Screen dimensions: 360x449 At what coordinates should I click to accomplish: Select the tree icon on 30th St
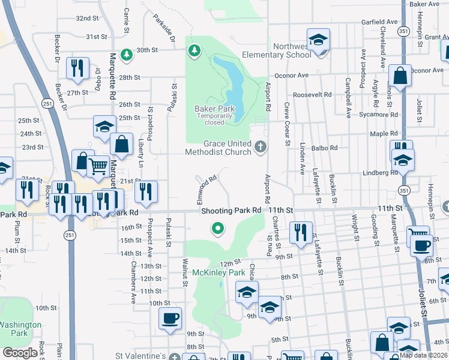(x=126, y=55)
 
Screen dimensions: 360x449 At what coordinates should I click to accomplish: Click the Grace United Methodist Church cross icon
(x=260, y=146)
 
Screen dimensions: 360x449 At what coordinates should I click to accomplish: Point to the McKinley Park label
(x=218, y=272)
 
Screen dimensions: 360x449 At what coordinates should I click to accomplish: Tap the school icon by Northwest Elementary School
(x=318, y=40)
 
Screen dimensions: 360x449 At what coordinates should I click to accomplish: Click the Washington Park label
(x=20, y=328)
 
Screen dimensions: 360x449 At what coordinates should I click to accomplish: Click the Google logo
(x=20, y=353)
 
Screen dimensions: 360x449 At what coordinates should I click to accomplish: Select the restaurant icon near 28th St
(x=77, y=69)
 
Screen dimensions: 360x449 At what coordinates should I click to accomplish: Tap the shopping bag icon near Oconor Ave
(x=400, y=76)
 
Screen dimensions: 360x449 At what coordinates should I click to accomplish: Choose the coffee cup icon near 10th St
(x=170, y=318)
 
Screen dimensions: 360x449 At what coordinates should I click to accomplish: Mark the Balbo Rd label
(x=325, y=148)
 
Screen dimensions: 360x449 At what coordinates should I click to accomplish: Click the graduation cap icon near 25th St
(x=104, y=127)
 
